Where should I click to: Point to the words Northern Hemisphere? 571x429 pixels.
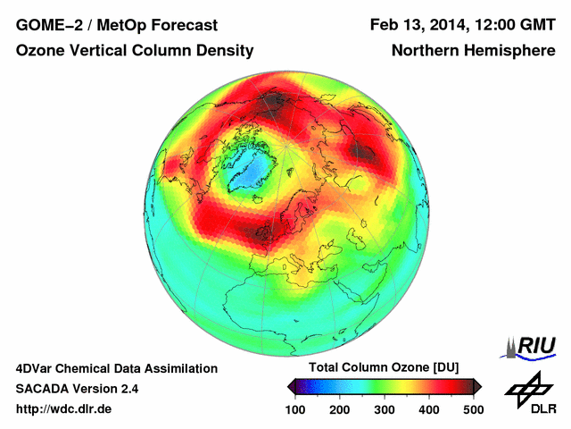click(x=473, y=51)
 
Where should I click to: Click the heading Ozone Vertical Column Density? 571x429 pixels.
click(x=135, y=51)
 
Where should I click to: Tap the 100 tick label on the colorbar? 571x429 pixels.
click(x=295, y=409)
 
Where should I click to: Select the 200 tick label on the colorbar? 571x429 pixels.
click(x=340, y=409)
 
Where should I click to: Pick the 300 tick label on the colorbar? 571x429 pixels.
click(x=385, y=409)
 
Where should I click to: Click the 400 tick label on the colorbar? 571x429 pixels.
click(x=428, y=409)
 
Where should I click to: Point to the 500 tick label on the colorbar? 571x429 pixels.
click(x=473, y=409)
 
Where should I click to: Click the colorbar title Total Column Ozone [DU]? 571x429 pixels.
click(x=384, y=368)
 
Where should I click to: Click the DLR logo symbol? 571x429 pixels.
click(x=526, y=387)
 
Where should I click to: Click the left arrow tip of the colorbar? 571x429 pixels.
click(x=291, y=386)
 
